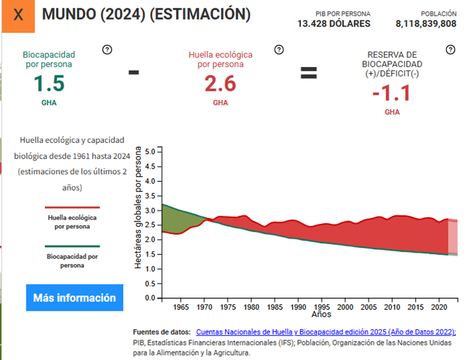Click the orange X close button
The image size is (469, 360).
18,16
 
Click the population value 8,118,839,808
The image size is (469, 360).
426,24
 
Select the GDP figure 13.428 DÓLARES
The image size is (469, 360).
334,24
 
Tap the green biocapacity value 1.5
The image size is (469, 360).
49,84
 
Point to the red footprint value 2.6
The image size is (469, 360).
220,84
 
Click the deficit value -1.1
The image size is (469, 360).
391,93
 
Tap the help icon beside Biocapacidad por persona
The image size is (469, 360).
107,50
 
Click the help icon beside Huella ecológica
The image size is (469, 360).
278,50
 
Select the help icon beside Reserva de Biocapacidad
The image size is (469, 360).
450,50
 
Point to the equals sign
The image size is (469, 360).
308,73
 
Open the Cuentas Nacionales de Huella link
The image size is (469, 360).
326,332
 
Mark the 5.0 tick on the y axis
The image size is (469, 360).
150,152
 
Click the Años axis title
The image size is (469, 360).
321,314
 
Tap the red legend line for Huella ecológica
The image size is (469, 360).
72,207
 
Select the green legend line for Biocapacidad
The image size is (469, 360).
72,246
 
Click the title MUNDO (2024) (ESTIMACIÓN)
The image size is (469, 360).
146,15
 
